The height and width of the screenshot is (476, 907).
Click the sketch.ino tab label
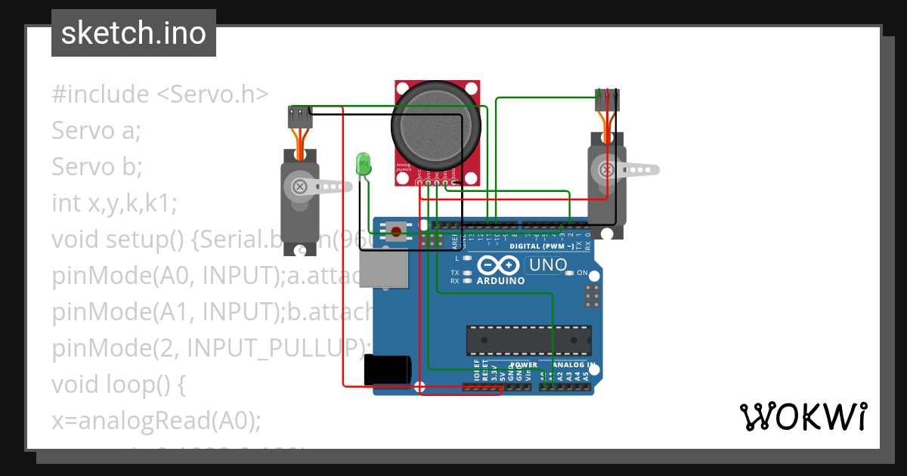(133, 33)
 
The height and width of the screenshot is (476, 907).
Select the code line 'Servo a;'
(97, 131)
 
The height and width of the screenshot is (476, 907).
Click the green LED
(364, 164)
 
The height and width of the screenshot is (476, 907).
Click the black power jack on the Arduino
(387, 370)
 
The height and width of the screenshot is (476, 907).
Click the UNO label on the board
(547, 264)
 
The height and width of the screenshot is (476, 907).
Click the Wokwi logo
(803, 416)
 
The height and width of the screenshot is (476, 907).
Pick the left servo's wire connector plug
(300, 117)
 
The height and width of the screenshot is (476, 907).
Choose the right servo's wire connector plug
(607, 98)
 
